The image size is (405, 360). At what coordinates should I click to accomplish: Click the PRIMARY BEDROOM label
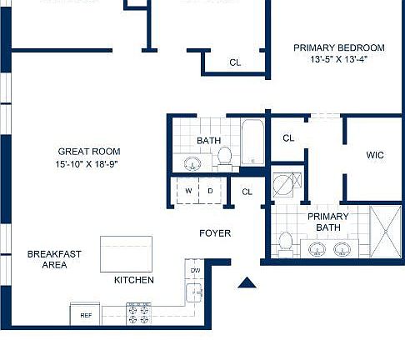pyautogui.click(x=338, y=47)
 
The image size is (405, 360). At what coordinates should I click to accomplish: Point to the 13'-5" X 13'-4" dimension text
pyautogui.click(x=338, y=60)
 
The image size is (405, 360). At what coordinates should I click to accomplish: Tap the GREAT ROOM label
pyautogui.click(x=88, y=152)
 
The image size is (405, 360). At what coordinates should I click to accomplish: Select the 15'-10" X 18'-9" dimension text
pyautogui.click(x=88, y=164)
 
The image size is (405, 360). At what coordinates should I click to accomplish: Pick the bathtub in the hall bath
pyautogui.click(x=252, y=143)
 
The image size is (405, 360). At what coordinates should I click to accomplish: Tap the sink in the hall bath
pyautogui.click(x=186, y=162)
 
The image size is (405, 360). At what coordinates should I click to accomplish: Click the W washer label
pyautogui.click(x=188, y=191)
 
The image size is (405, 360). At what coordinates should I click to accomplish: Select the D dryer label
pyautogui.click(x=210, y=191)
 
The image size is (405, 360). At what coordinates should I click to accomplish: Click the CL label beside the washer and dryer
pyautogui.click(x=247, y=192)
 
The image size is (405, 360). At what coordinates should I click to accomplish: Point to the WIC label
pyautogui.click(x=375, y=155)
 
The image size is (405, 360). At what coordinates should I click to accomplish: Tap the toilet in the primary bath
pyautogui.click(x=286, y=243)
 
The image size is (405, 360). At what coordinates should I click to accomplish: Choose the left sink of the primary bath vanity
pyautogui.click(x=317, y=248)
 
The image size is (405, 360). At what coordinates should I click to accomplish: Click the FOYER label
pyautogui.click(x=214, y=233)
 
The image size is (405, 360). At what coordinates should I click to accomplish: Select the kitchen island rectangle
pyautogui.click(x=127, y=253)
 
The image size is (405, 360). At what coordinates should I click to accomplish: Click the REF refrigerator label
pyautogui.click(x=85, y=316)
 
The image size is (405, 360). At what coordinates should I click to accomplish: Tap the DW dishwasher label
pyautogui.click(x=195, y=271)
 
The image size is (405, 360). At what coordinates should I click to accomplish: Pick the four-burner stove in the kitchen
pyautogui.click(x=137, y=314)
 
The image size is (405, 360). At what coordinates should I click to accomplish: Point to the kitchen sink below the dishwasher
pyautogui.click(x=194, y=292)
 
